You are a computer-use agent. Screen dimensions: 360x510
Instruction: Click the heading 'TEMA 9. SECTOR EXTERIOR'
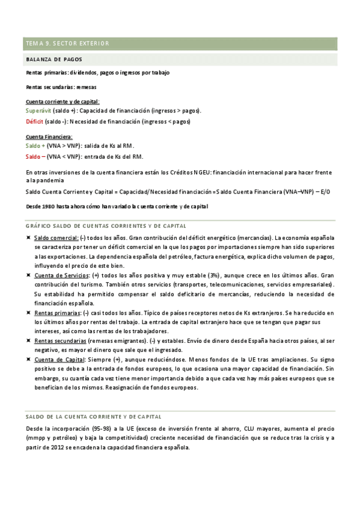tap(67, 44)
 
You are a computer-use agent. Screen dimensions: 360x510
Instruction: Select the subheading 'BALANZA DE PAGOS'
tap(54, 60)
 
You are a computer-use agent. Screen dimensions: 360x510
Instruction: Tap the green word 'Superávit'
tap(38, 111)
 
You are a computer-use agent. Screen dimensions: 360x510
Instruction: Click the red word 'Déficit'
tap(34, 121)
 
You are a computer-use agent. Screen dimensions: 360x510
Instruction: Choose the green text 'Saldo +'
tap(35, 146)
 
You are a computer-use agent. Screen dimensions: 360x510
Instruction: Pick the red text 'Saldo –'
tap(35, 156)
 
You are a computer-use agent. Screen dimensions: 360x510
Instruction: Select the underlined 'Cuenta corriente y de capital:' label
tap(63, 102)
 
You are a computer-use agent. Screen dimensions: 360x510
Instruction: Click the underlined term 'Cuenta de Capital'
tap(59, 359)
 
